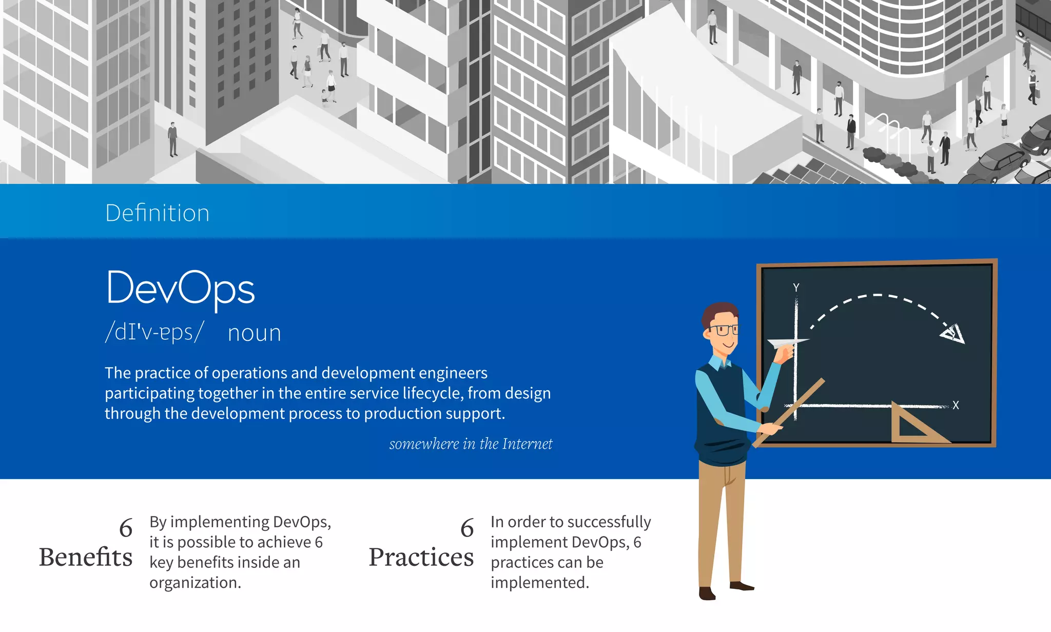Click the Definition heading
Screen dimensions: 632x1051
coord(157,213)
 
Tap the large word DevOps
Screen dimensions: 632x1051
coord(180,289)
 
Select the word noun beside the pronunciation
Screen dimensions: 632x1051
coord(254,333)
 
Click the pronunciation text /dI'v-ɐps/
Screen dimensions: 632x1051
coord(154,332)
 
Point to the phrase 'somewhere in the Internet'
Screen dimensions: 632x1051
coord(471,444)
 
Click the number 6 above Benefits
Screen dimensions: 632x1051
coord(126,528)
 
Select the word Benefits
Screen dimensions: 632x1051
coord(86,557)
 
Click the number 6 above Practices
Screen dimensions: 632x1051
coord(467,528)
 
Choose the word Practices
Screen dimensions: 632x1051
coord(421,557)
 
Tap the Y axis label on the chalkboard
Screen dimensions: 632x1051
coord(796,288)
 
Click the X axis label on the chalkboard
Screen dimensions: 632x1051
coord(956,405)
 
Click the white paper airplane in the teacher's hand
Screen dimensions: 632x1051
coord(785,342)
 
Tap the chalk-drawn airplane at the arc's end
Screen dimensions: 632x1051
coord(953,334)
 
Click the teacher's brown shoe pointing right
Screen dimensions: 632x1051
coord(742,586)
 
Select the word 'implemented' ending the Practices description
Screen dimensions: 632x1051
coord(539,583)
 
